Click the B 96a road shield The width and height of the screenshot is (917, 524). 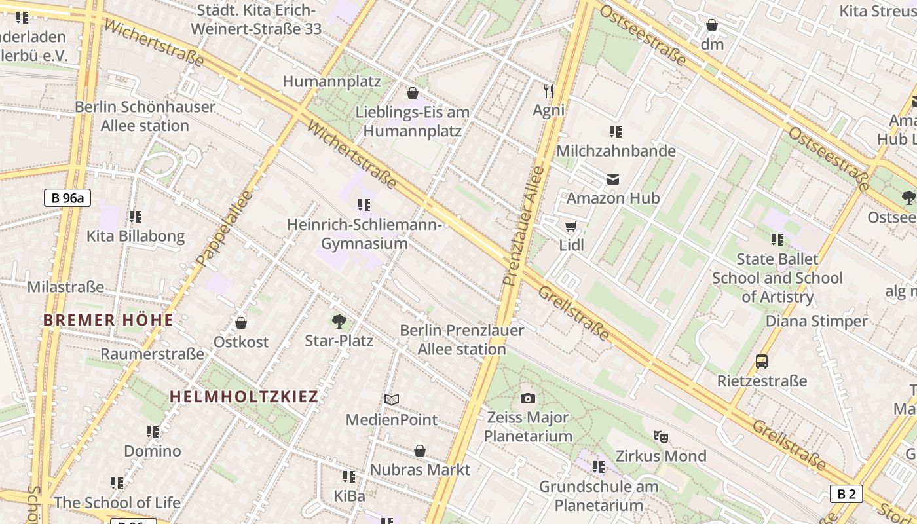[67, 198]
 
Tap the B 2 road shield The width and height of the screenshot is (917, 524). [846, 494]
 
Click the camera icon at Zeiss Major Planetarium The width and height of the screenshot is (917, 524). [528, 398]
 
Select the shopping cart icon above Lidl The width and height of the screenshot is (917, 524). [571, 227]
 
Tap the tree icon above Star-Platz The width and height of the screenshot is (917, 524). [339, 321]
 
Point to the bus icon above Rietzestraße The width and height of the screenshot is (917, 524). [761, 361]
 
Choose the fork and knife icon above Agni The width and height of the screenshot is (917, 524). [549, 91]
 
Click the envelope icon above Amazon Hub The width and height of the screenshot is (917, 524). [613, 179]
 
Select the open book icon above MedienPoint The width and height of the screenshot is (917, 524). [392, 400]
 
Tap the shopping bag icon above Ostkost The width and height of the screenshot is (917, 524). [241, 323]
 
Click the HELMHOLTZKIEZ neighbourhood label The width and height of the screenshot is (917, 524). [244, 396]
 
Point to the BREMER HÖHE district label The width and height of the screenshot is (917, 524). [108, 320]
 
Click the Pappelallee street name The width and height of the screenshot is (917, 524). [224, 229]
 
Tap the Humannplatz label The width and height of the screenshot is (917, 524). [331, 81]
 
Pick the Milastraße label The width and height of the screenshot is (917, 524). [65, 287]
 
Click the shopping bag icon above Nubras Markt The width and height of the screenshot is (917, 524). [420, 451]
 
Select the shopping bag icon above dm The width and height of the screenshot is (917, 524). [712, 26]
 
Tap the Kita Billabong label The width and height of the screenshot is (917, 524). [136, 236]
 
